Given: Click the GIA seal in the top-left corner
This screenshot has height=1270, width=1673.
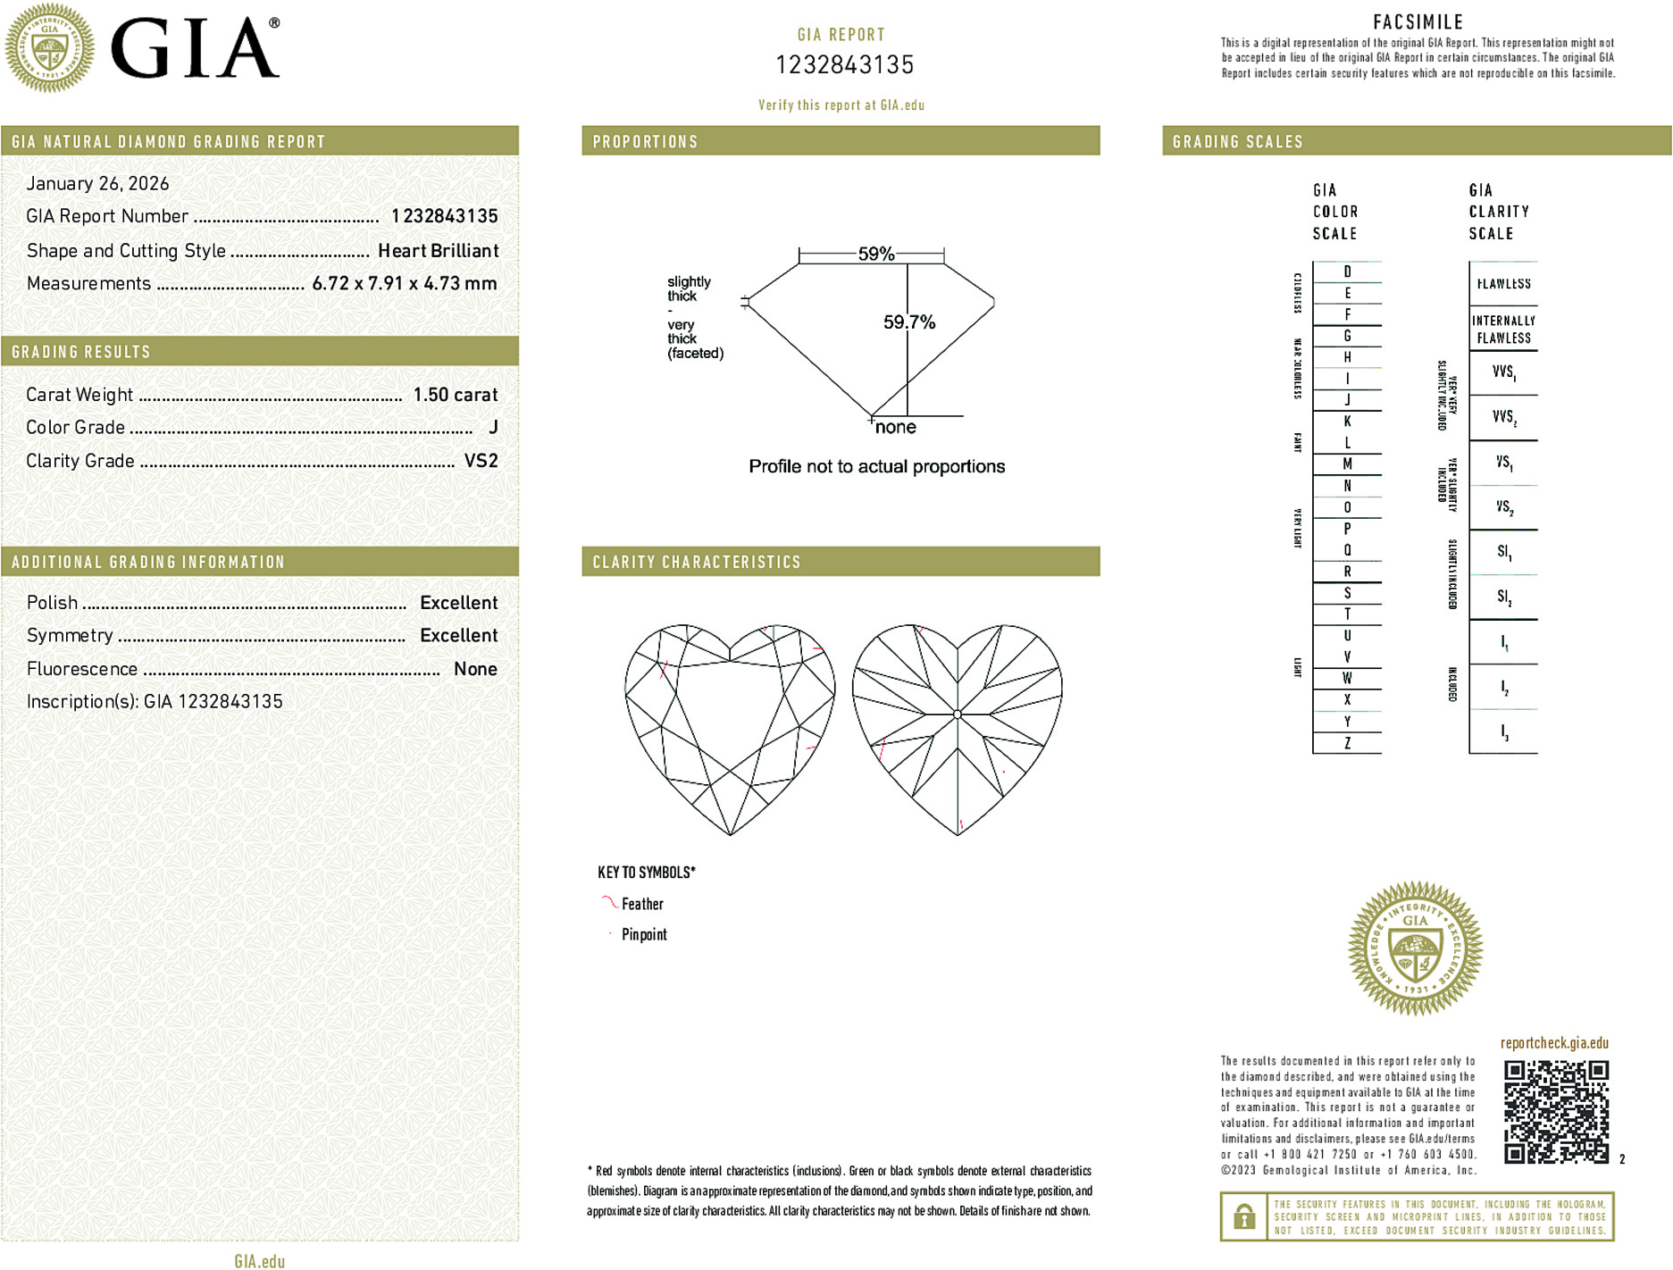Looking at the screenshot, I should [50, 48].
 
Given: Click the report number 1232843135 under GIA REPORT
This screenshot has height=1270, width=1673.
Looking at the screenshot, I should [844, 65].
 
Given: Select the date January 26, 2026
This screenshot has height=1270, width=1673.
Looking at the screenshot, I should [97, 184].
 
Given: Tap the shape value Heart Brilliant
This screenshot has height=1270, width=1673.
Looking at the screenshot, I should [438, 251].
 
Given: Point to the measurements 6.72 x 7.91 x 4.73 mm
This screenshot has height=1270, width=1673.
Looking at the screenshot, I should [404, 284].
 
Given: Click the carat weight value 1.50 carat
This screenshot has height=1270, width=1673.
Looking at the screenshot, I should [455, 395].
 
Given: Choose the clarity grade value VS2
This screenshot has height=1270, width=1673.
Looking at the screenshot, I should [481, 461].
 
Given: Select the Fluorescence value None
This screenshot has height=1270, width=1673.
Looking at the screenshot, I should [475, 669].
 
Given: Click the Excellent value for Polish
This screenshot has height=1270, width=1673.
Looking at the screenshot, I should [458, 603].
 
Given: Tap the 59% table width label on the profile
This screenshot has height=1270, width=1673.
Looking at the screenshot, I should [875, 254].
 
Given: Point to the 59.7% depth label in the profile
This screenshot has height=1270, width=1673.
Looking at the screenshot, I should [909, 322].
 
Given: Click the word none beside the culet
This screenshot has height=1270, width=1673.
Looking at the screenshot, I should [895, 428].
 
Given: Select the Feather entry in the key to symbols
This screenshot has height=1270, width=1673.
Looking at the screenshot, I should [642, 904].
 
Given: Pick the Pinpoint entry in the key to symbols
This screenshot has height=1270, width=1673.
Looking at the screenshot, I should [644, 934].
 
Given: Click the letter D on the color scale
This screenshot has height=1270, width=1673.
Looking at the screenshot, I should [1347, 272].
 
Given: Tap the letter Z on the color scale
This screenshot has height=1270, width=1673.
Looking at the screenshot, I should [1347, 743].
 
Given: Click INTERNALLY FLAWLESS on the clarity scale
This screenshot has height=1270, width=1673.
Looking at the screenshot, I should [1503, 329].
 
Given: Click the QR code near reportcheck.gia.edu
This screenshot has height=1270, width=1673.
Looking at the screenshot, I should [1556, 1111].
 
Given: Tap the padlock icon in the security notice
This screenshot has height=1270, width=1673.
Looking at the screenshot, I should [1243, 1216].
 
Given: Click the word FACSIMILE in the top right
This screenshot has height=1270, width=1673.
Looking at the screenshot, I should [1418, 22].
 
